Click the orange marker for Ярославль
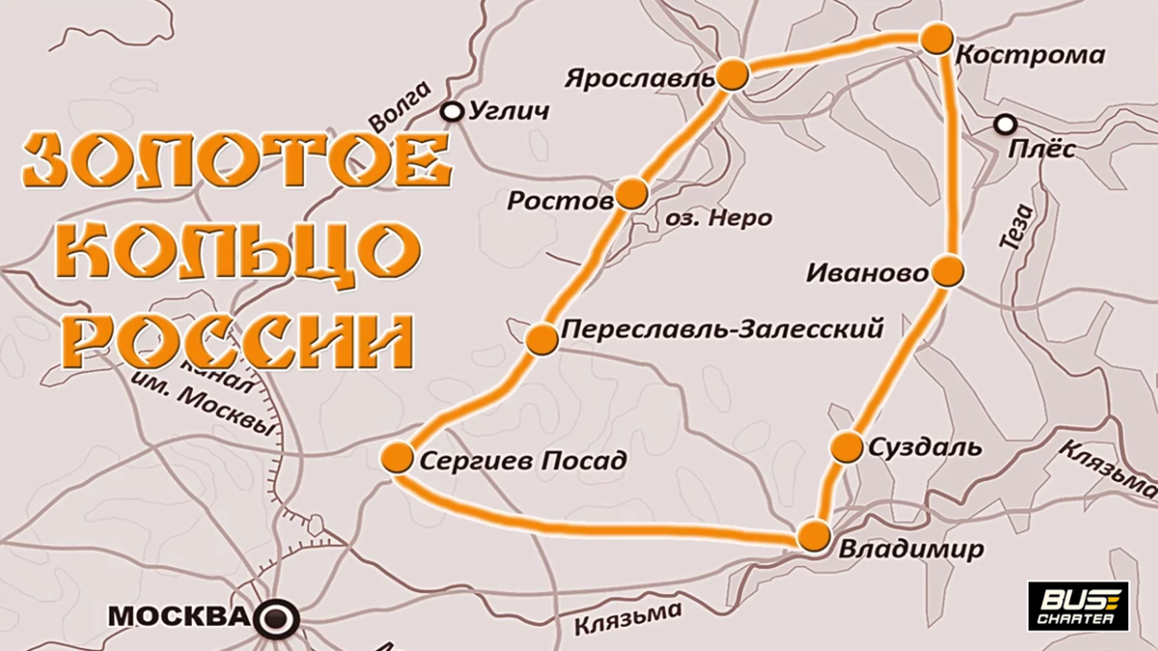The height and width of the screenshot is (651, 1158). [733, 74]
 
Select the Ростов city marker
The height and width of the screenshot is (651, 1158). [631, 193]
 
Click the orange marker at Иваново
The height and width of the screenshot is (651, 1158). [948, 272]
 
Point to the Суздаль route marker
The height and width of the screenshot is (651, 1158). [846, 447]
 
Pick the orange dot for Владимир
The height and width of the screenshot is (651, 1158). [814, 536]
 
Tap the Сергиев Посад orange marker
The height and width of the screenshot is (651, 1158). [397, 458]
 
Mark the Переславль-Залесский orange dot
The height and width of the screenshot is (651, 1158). [542, 338]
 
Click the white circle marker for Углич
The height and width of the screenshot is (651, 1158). [452, 112]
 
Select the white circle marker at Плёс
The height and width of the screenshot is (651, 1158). [1006, 124]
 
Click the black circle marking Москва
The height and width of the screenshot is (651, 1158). [280, 616]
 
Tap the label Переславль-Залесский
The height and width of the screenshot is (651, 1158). [722, 330]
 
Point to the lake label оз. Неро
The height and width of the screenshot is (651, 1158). [719, 218]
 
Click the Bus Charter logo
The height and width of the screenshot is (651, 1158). [1078, 607]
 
